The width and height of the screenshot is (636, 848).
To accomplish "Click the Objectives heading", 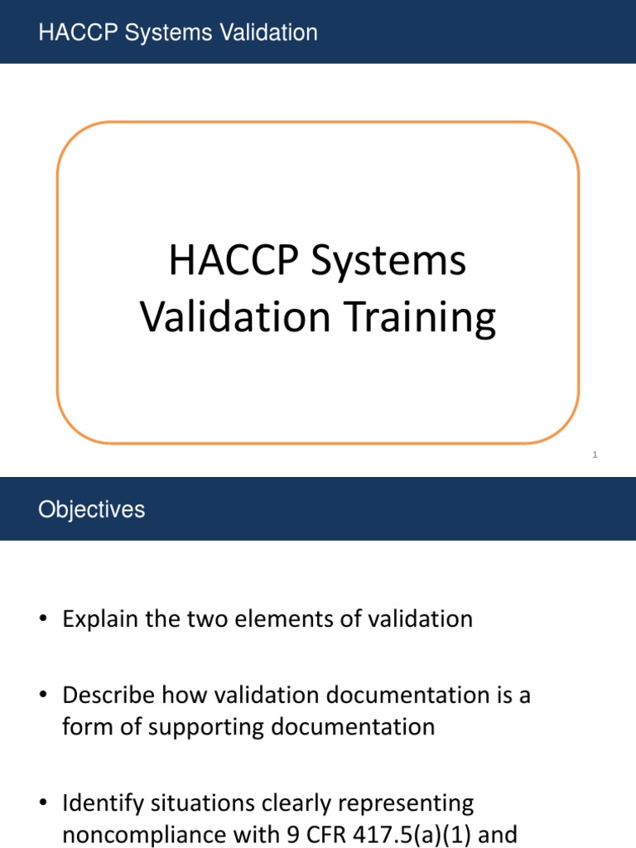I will pos(91,509).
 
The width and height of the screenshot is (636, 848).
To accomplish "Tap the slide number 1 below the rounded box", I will pos(595,455).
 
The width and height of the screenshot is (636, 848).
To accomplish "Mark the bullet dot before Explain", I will pos(43,620).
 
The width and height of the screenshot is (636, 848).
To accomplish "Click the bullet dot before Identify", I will pos(43,804).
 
